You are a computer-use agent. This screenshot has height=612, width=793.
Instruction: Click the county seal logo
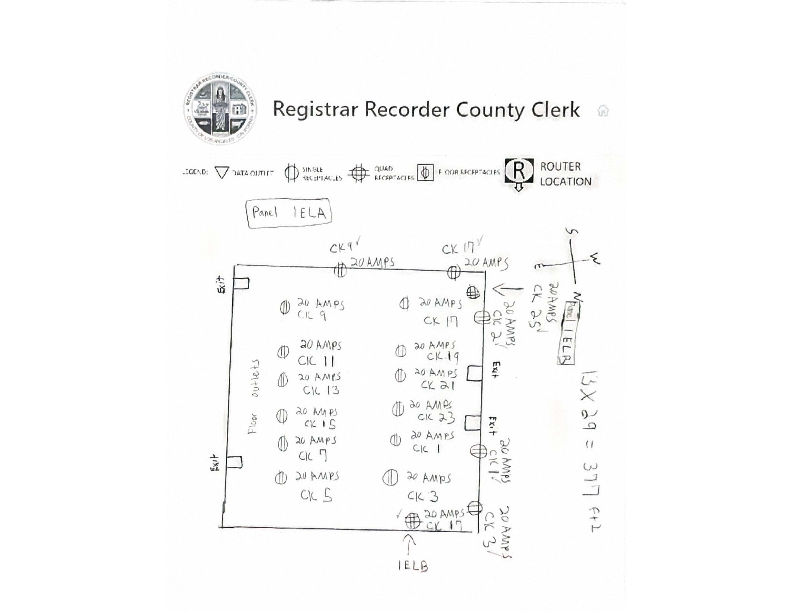point(220,108)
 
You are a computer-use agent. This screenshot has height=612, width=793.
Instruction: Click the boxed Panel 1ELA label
point(289,213)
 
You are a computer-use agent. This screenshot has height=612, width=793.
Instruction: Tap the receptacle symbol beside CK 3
point(390,477)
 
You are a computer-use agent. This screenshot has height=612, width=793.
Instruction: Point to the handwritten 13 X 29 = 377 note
point(590,450)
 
